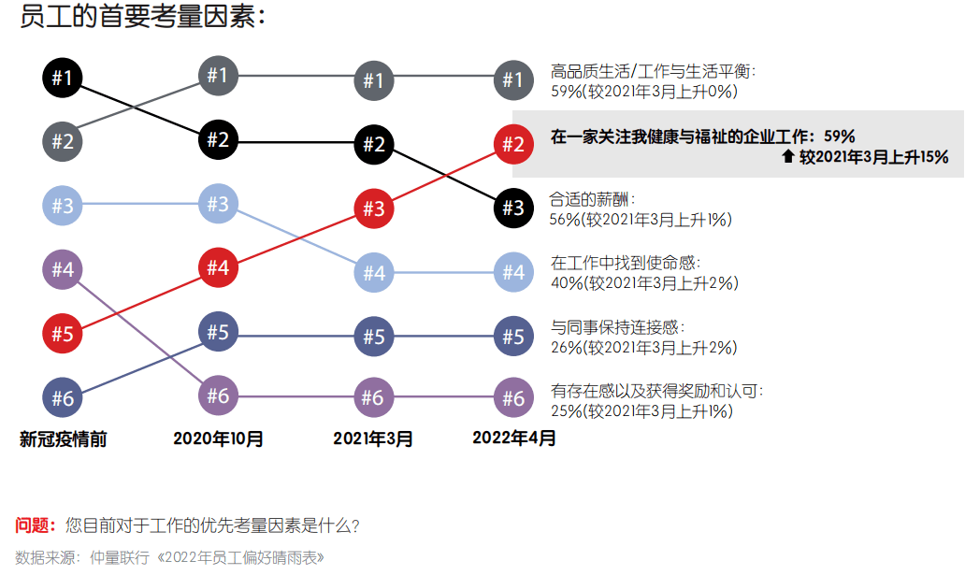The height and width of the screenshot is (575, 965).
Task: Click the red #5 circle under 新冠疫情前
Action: [x=62, y=334]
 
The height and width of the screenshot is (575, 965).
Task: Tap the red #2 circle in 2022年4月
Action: [x=512, y=145]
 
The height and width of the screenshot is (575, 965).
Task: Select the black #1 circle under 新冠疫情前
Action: [x=62, y=78]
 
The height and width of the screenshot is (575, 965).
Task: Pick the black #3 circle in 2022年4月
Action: [x=512, y=208]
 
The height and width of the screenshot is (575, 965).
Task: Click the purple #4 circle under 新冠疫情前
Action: [x=62, y=270]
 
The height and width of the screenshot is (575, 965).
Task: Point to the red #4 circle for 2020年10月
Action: [x=217, y=268]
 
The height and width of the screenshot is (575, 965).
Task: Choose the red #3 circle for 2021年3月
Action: [x=373, y=208]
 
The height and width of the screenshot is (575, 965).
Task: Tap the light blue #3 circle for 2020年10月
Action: [x=217, y=204]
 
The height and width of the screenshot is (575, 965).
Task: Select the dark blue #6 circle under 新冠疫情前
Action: [x=62, y=397]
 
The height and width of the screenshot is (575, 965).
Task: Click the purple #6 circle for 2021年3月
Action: [x=373, y=398]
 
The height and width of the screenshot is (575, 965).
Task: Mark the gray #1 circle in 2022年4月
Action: [x=512, y=80]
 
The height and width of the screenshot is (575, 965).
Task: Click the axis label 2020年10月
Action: [x=218, y=438]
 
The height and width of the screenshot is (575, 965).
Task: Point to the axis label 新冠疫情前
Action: [x=63, y=438]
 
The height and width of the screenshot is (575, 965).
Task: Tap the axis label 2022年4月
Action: [x=513, y=437]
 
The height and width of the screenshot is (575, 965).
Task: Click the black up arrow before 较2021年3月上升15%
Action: [x=787, y=157]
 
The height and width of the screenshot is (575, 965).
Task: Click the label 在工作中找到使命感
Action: [x=626, y=264]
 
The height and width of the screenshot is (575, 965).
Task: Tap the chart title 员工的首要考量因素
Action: [x=142, y=16]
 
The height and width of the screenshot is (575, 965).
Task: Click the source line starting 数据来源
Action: [x=169, y=558]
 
